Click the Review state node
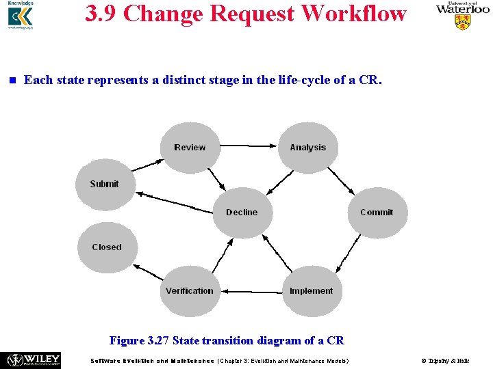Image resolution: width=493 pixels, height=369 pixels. [x=190, y=148]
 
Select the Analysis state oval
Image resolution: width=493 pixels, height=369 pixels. [x=308, y=148]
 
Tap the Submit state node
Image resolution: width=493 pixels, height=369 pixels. [x=105, y=184]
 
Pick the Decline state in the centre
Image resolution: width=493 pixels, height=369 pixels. [x=242, y=213]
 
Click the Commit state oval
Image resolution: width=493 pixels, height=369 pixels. [x=377, y=213]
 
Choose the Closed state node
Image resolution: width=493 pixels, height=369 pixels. [x=107, y=247]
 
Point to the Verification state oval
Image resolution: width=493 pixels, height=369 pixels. [x=190, y=291]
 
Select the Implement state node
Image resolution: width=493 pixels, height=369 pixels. [x=311, y=291]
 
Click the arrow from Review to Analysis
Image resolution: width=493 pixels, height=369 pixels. [x=249, y=145]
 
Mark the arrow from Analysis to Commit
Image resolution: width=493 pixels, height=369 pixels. [x=340, y=180]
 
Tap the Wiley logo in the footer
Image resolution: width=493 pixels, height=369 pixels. [x=34, y=360]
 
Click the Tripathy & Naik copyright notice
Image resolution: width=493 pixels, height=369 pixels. [x=445, y=361]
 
